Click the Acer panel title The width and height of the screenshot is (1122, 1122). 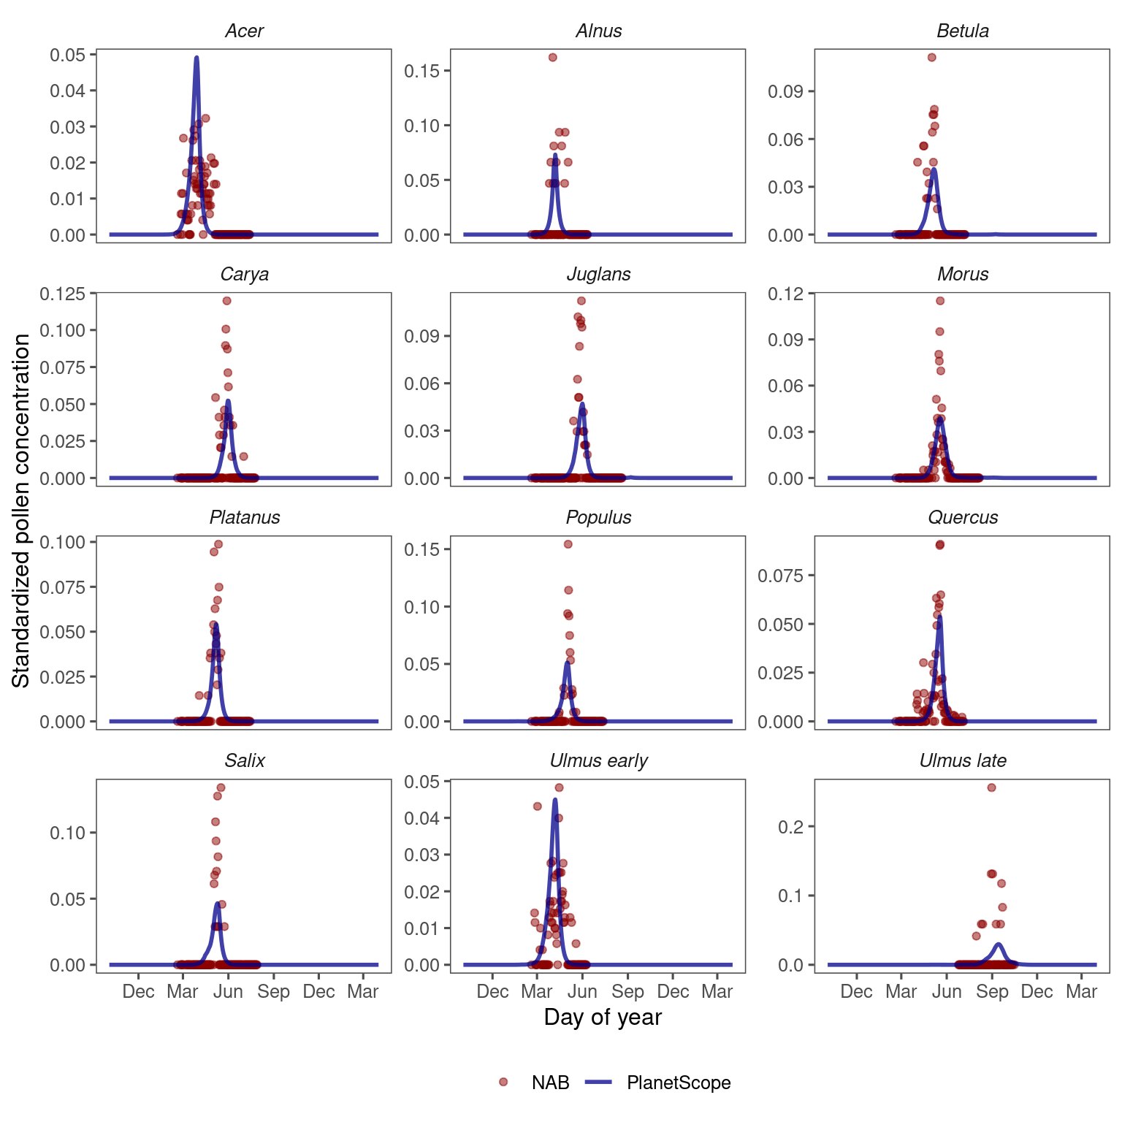click(x=244, y=31)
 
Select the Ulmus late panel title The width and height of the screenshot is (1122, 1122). click(x=962, y=760)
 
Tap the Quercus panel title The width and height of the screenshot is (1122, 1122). click(x=962, y=517)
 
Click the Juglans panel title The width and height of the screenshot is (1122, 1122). click(x=598, y=274)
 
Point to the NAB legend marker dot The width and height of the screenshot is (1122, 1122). click(x=503, y=1082)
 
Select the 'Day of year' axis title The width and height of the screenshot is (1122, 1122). click(x=603, y=1017)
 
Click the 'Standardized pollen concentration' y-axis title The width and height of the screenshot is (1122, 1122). click(x=21, y=511)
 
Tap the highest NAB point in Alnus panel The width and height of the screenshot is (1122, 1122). click(x=553, y=57)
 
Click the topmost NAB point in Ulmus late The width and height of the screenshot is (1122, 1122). click(x=991, y=787)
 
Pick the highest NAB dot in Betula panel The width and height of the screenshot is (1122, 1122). click(x=931, y=57)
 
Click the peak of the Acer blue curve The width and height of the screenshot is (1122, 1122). click(x=196, y=57)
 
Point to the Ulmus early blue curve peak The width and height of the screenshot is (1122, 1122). click(x=555, y=799)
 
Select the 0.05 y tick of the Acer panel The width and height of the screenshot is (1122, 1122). click(x=67, y=55)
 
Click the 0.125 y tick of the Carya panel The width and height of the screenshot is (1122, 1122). click(x=62, y=294)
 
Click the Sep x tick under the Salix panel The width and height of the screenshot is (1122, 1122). click(x=273, y=991)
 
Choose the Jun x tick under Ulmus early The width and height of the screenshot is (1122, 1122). click(x=582, y=991)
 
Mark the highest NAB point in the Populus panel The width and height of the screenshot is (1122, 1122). click(x=568, y=544)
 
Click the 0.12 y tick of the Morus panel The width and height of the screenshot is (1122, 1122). click(x=785, y=294)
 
